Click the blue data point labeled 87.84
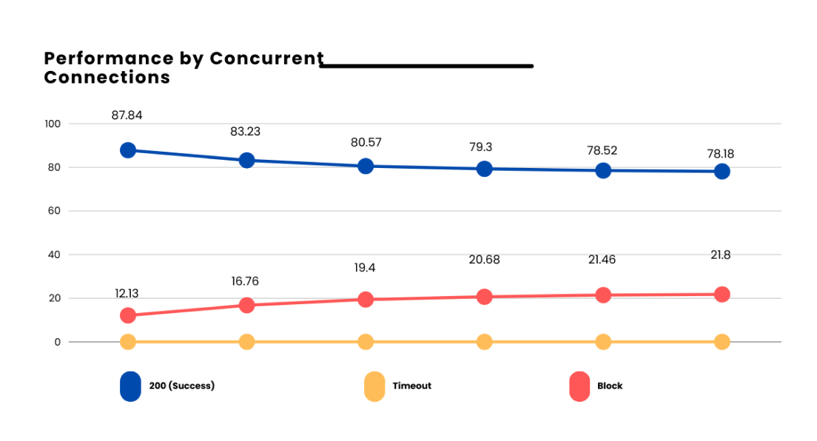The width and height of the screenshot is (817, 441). pyautogui.click(x=128, y=150)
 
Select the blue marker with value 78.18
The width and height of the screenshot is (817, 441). pyautogui.click(x=722, y=172)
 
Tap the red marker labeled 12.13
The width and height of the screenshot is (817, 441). pyautogui.click(x=128, y=315)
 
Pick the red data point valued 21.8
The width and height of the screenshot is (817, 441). pyautogui.click(x=722, y=294)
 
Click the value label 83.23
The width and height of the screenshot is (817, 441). pyautogui.click(x=246, y=132)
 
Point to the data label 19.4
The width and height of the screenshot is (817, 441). pyautogui.click(x=365, y=268)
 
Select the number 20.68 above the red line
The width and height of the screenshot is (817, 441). pyautogui.click(x=484, y=259)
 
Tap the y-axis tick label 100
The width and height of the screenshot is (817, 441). pyautogui.click(x=53, y=124)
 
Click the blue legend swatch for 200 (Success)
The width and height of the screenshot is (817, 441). pyautogui.click(x=130, y=386)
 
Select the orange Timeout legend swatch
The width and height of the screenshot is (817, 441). pyautogui.click(x=374, y=386)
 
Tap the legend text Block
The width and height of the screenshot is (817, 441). pyautogui.click(x=610, y=386)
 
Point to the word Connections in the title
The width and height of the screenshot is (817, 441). pyautogui.click(x=107, y=78)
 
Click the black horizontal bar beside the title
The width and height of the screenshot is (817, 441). pyautogui.click(x=426, y=66)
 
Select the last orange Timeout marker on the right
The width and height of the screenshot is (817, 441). pyautogui.click(x=722, y=342)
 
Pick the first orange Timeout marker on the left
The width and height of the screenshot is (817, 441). pyautogui.click(x=128, y=342)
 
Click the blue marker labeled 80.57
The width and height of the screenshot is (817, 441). pyautogui.click(x=365, y=166)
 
